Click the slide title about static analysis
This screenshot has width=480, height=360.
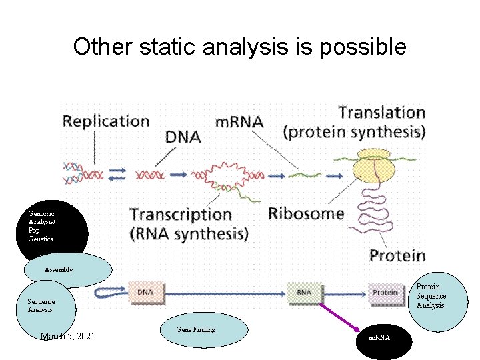(239, 47)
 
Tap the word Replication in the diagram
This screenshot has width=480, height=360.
(106, 121)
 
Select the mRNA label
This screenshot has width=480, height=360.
(239, 122)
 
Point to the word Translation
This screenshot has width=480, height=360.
(381, 112)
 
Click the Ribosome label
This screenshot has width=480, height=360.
(306, 214)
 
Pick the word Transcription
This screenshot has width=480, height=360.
(181, 215)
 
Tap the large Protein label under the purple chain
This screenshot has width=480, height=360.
(397, 255)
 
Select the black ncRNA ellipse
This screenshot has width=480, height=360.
(384, 339)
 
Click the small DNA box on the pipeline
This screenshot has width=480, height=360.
(145, 292)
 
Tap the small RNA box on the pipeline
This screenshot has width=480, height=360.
(304, 292)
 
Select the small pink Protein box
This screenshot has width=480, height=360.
(385, 292)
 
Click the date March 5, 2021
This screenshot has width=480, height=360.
(67, 336)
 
